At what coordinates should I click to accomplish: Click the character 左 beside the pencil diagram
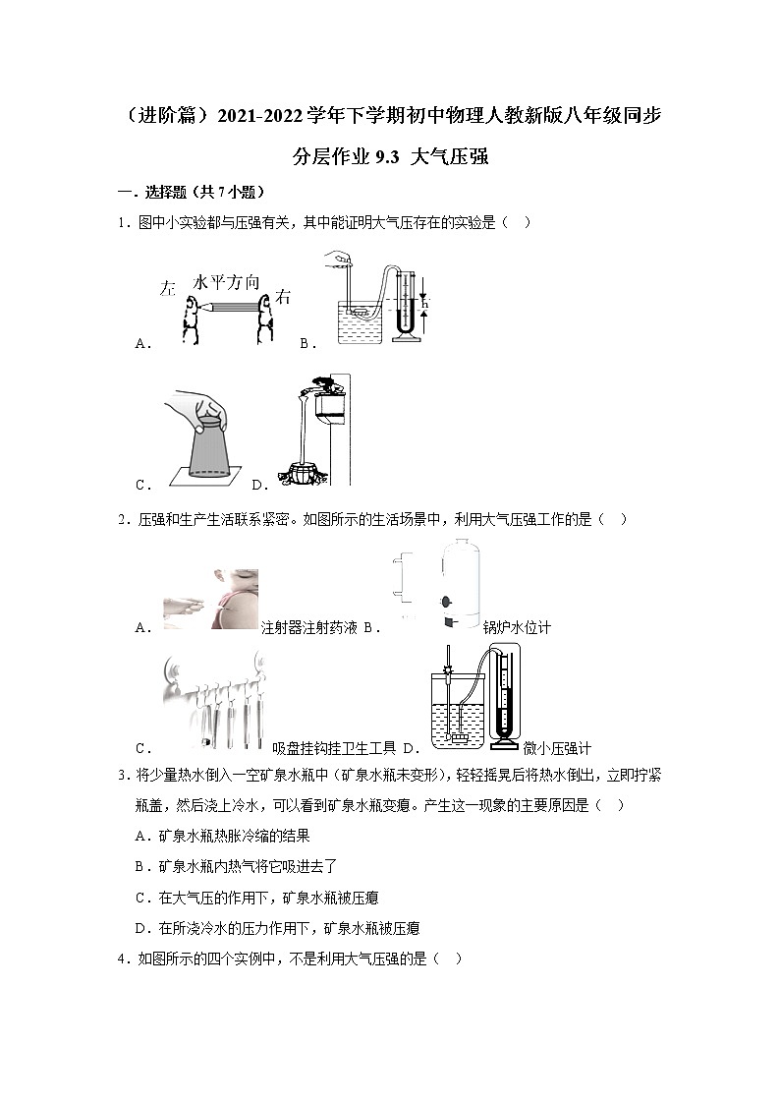167,289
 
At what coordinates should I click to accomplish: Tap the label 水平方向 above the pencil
227,282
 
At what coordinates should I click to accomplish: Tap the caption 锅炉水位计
517,628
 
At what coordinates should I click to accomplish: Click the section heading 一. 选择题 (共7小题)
191,192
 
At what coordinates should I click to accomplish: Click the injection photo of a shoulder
210,599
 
